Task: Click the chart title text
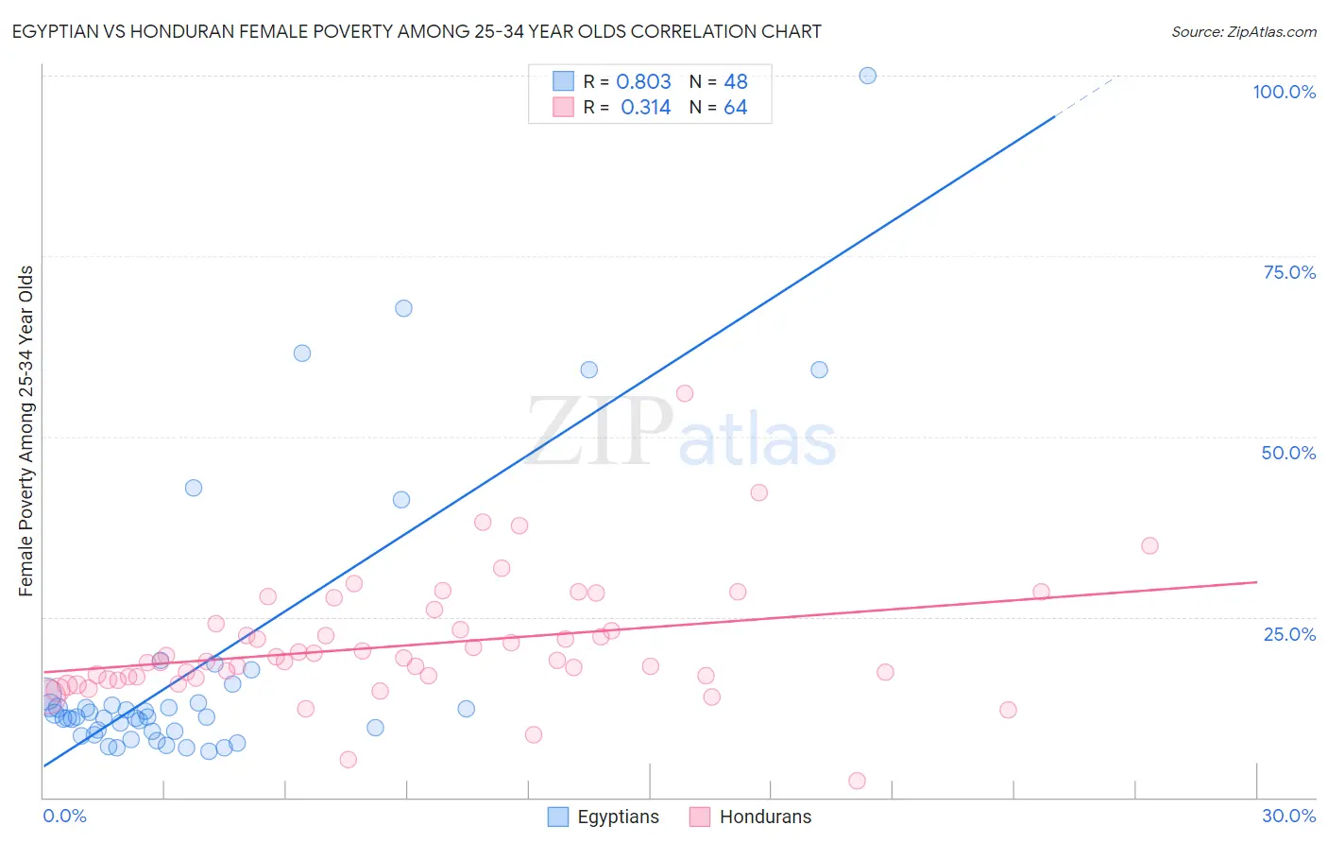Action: coord(417,31)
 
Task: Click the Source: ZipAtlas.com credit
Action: coord(1243,31)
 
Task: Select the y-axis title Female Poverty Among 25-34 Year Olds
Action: coord(26,431)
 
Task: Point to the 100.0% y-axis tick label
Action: coord(1284,92)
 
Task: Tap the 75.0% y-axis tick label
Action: coord(1289,272)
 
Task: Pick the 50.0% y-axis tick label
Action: coord(1288,453)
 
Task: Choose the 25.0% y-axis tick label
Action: coord(1289,634)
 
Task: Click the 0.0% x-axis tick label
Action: coord(64,816)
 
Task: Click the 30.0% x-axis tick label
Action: coord(1288,816)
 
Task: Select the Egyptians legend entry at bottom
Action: coord(604,817)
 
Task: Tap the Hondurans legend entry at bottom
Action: coord(751,817)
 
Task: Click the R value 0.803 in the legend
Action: coord(643,82)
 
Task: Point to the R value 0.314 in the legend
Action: coord(645,108)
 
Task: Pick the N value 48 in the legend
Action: coord(735,82)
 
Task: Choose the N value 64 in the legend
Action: coord(735,108)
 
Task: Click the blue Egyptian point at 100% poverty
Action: coord(867,76)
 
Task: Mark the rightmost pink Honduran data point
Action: coord(1149,545)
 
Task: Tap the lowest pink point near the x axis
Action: coord(857,781)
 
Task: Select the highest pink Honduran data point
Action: coord(685,393)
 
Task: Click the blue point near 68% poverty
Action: coord(403,308)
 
